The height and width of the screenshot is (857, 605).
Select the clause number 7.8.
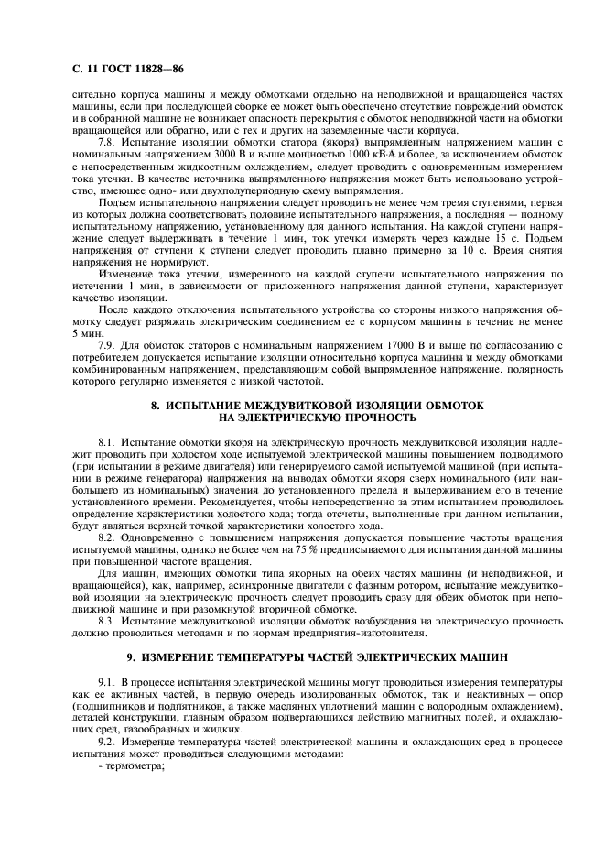(106, 145)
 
